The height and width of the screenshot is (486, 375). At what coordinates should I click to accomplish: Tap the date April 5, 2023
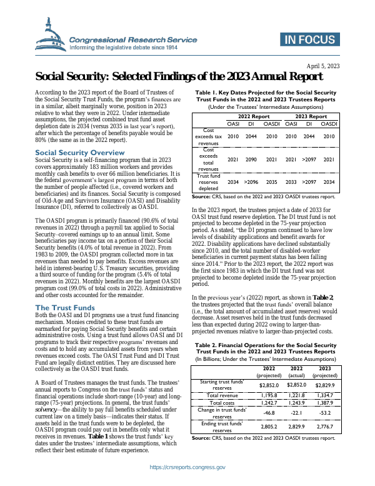pyautogui.click(x=323, y=66)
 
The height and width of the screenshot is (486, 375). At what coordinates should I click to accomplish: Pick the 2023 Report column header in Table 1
pyautogui.click(x=311, y=116)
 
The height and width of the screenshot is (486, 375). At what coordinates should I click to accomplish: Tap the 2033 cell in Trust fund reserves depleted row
pyautogui.click(x=292, y=182)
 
